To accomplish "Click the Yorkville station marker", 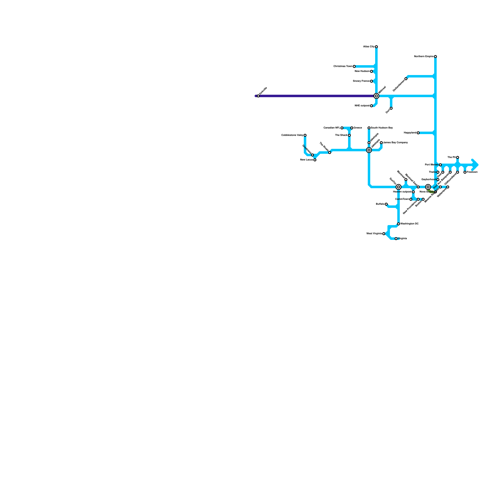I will pos(258,96).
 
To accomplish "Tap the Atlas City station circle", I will pos(376,47).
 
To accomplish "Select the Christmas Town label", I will pos(343,66).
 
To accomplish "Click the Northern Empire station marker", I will pos(435,57).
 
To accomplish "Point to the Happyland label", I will pos(410,133).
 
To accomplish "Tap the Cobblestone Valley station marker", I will pos(305,135).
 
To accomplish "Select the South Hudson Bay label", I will pos(382,128).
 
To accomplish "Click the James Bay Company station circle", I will pos(381,143).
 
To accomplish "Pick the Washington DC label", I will pos(409,224).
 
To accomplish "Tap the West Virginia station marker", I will pos(384,234).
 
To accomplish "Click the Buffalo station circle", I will pos(386,204).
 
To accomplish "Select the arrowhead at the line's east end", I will pos(475,165).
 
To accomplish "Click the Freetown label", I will pos(472,172).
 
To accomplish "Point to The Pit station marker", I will pos(458,157).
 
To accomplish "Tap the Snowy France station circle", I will pos(371,81).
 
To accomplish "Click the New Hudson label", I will pos(362,71).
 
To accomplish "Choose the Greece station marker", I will pos(352,128).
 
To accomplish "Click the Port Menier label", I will pos(432,165).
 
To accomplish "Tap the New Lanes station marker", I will pos(315,160).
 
